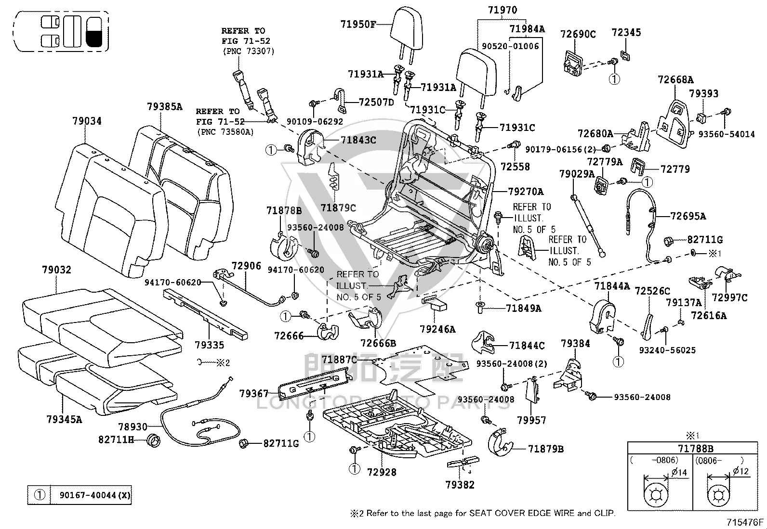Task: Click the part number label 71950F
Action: (x=358, y=24)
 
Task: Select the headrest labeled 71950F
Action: (x=407, y=33)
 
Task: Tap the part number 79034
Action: (x=87, y=121)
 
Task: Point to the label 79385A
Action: (x=165, y=106)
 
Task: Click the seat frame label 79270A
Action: (x=526, y=191)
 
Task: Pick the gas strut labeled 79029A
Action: (x=588, y=226)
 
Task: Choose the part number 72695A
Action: (x=688, y=216)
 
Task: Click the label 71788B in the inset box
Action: (x=695, y=448)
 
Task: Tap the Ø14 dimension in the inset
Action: (x=679, y=473)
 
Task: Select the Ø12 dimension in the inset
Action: (x=741, y=472)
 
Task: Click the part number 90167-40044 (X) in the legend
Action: (x=95, y=495)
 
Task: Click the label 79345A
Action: (x=65, y=419)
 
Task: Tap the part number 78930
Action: (x=132, y=426)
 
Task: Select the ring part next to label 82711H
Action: (x=153, y=440)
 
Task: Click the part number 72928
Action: (x=382, y=472)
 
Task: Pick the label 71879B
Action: (x=546, y=449)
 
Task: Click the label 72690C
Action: (x=578, y=34)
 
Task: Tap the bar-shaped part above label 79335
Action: (x=205, y=314)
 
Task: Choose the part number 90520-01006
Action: (x=510, y=46)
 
